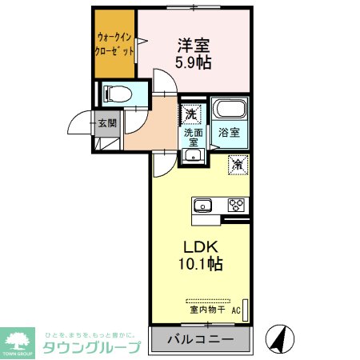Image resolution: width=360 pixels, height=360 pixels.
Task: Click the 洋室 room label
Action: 195,46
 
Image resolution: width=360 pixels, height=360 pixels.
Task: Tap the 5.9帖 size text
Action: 195,62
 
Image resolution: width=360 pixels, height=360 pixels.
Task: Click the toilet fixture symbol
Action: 114,94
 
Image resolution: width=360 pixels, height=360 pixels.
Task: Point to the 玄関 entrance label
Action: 107,123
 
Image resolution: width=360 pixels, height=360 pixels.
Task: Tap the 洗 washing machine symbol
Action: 191,114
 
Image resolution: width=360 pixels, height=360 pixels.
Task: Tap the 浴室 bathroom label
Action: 229,134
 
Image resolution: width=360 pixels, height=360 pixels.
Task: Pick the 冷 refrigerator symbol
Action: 238,164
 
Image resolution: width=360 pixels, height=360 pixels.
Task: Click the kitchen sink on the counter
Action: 202,204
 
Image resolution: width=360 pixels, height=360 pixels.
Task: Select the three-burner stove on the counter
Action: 237,204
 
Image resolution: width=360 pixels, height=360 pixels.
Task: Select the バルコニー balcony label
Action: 201,340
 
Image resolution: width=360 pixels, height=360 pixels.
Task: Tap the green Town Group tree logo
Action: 18,338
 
